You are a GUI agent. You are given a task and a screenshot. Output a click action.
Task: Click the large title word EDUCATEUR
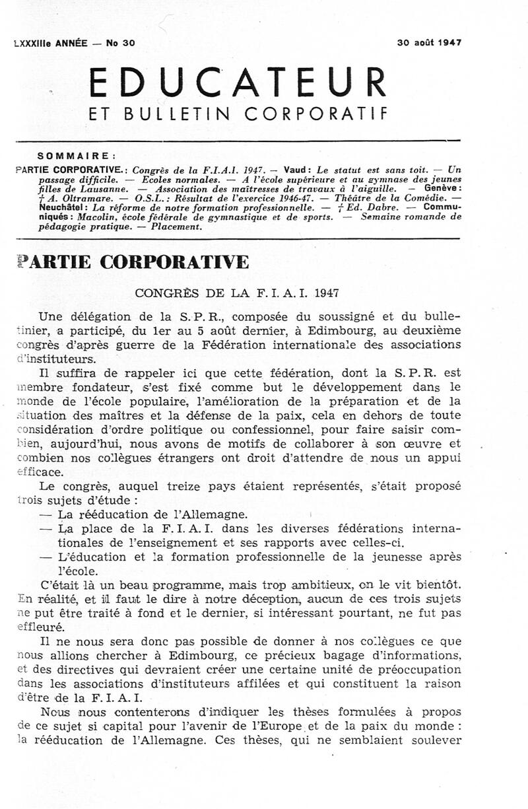coord(237,83)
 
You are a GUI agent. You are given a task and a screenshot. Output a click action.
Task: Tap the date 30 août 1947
coord(429,42)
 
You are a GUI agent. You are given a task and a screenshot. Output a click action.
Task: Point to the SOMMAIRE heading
coord(77,157)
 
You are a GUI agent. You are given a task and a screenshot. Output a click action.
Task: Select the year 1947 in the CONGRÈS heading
coord(328,291)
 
